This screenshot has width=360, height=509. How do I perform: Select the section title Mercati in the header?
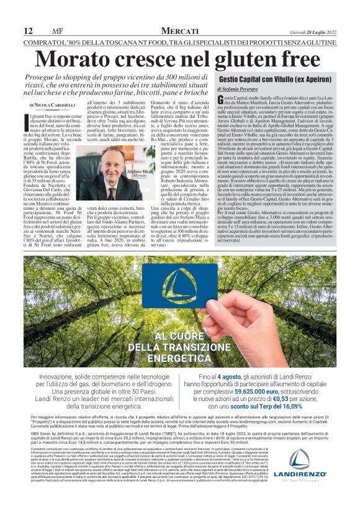179,31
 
